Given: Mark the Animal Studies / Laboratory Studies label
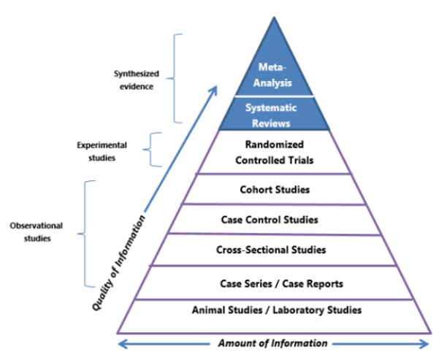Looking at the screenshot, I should (x=276, y=310).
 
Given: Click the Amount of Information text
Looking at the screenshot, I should (x=274, y=343).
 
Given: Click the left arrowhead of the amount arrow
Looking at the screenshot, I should (x=123, y=343).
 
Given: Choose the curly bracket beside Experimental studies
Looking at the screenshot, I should (x=149, y=150).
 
